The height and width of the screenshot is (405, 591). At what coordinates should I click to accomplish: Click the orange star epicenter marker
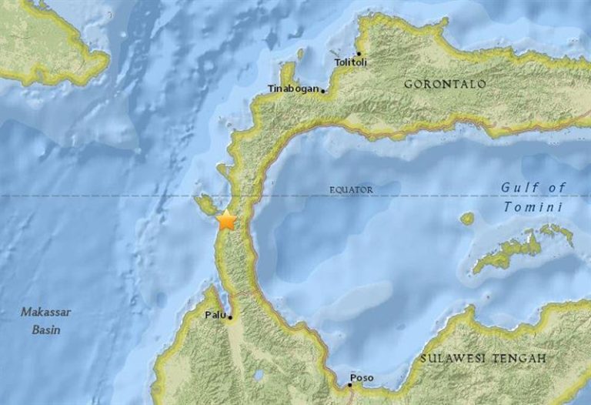click(226, 220)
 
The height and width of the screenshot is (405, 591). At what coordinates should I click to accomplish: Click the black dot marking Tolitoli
click(359, 54)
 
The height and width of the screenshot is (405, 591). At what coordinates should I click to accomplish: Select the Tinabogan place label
click(292, 89)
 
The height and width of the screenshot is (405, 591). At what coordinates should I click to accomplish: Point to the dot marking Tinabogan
click(323, 91)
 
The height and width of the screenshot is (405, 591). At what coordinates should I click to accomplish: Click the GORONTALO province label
click(445, 83)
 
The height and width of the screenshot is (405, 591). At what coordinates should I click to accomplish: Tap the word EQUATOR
click(351, 189)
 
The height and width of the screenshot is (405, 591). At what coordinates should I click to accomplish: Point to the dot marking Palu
click(230, 316)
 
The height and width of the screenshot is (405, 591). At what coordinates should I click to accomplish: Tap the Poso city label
click(361, 378)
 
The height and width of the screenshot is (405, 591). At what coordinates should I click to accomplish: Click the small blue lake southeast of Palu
click(259, 376)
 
